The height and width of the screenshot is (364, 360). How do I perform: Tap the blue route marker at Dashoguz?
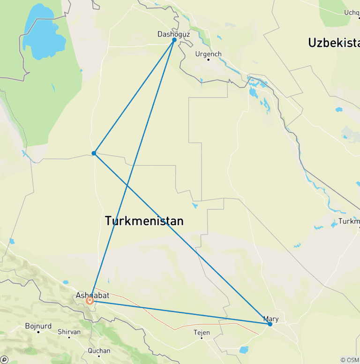pyautogui.click(x=174, y=40)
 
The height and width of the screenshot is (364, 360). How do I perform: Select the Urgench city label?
pyautogui.click(x=208, y=54)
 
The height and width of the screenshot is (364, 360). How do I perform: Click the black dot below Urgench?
pyautogui.click(x=208, y=60)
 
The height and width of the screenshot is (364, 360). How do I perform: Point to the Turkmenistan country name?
pyautogui.click(x=144, y=221)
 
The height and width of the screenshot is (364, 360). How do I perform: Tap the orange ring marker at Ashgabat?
pyautogui.click(x=90, y=301)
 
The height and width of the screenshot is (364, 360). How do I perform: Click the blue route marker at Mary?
pyautogui.click(x=270, y=324)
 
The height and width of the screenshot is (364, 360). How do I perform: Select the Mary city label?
pyautogui.click(x=271, y=319)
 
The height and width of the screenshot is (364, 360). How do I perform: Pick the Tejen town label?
pyautogui.click(x=202, y=333)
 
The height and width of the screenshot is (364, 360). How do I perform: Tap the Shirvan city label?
pyautogui.click(x=69, y=332)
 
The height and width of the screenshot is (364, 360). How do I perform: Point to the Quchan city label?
pyautogui.click(x=99, y=350)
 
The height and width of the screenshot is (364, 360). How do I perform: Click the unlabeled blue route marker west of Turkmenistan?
pyautogui.click(x=94, y=153)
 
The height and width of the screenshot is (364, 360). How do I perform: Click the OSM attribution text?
pyautogui.click(x=350, y=360)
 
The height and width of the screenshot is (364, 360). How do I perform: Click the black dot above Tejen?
pyautogui.click(x=202, y=338)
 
